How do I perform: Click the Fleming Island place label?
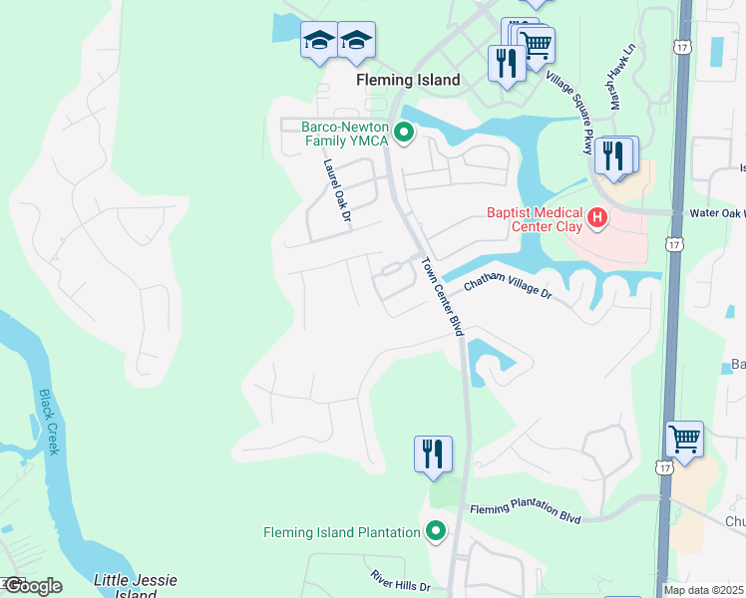click(x=409, y=80)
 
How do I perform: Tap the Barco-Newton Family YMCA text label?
click(x=346, y=134)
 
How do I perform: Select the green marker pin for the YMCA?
click(x=404, y=132)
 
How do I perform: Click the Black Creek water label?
click(x=49, y=422)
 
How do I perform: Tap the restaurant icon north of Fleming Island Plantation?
click(x=433, y=453)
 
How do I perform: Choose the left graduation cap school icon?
click(x=319, y=40)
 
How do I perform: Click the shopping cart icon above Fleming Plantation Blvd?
click(x=684, y=439)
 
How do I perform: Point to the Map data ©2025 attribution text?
click(x=703, y=590)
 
